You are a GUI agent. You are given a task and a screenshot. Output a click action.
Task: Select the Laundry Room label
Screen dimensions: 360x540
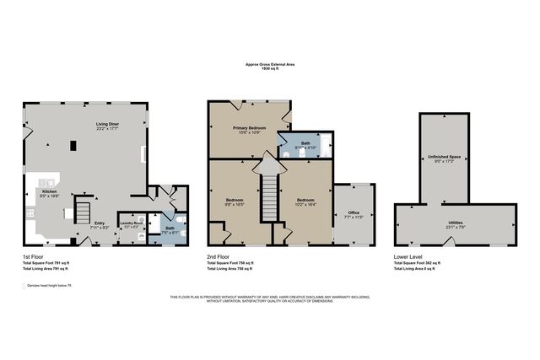131,223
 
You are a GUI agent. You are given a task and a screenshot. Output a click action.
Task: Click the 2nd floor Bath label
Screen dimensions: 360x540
305,144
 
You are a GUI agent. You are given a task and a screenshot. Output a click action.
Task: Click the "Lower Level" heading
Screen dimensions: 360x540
408,255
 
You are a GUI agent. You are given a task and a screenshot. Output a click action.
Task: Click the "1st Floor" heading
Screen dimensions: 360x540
35,255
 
